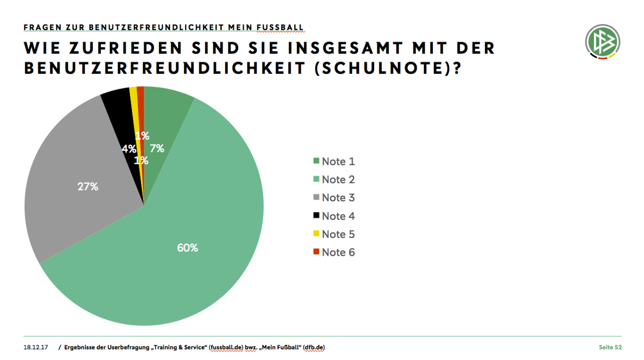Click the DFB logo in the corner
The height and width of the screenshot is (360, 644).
(x=602, y=42)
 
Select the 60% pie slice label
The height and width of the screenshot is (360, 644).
(x=188, y=248)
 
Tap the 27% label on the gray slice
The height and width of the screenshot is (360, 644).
(x=88, y=187)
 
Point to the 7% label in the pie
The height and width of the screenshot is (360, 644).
(x=157, y=149)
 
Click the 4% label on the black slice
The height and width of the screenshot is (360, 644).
(x=128, y=149)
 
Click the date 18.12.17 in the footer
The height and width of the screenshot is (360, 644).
(x=36, y=348)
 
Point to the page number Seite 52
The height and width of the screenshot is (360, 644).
(x=610, y=348)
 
